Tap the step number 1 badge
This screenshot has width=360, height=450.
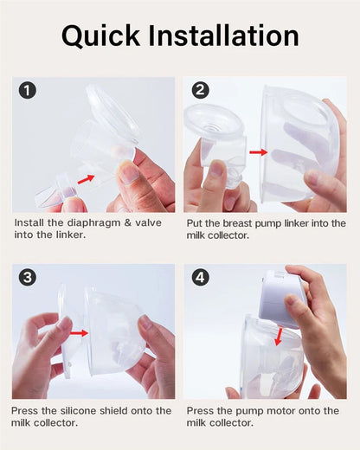pyautogui.click(x=28, y=90)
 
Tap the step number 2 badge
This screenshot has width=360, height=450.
pyautogui.click(x=201, y=90)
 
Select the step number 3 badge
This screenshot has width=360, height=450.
pyautogui.click(x=28, y=278)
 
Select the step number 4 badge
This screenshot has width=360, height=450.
pyautogui.click(x=201, y=278)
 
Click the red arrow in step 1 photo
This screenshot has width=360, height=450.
pyautogui.click(x=85, y=179)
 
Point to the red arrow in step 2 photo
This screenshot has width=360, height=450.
pyautogui.click(x=258, y=152)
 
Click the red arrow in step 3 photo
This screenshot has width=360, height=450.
pyautogui.click(x=79, y=332)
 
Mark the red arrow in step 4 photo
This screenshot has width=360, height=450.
pyautogui.click(x=276, y=337)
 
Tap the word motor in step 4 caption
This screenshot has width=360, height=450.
pyautogui.click(x=284, y=410)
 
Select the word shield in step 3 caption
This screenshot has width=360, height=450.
pyautogui.click(x=123, y=410)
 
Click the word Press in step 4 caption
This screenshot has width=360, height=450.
pyautogui.click(x=201, y=410)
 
